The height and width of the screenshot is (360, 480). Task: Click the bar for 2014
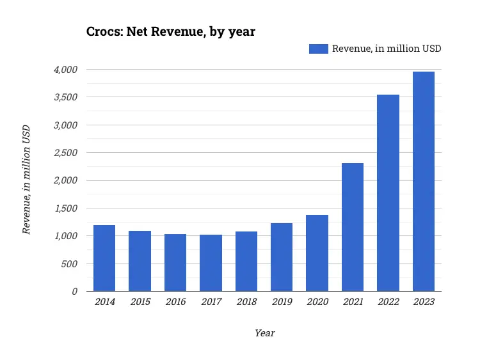coord(104,258)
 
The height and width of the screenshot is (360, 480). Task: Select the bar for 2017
coord(211,263)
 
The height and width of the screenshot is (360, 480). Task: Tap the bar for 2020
coord(317,253)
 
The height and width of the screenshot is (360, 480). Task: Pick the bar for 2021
coord(353,227)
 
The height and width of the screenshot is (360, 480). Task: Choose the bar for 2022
coord(388,193)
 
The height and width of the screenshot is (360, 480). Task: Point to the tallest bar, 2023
coord(424,182)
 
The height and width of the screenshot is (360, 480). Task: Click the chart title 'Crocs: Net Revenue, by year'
coord(171,31)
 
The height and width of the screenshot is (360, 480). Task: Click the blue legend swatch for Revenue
coord(318,49)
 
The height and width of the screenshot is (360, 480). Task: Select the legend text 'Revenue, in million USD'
coord(387,49)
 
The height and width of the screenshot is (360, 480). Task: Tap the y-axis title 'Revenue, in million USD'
coord(27,180)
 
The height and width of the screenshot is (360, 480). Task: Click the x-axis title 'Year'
coord(264,333)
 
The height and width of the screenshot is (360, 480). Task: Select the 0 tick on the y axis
coord(74,291)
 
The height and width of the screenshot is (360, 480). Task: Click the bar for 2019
coord(282,257)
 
